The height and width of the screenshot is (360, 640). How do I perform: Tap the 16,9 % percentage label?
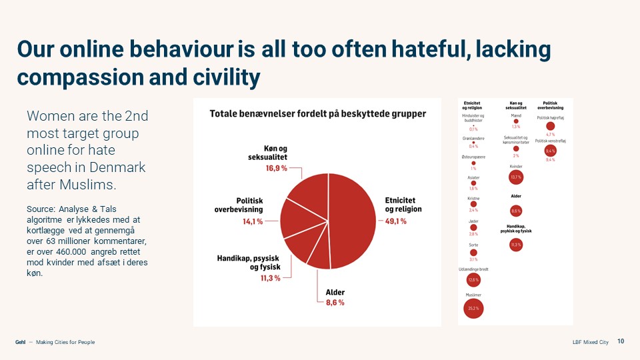[x=274, y=168]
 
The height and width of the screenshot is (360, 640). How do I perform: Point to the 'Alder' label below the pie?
[x=335, y=292]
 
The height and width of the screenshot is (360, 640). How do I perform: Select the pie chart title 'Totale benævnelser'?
[x=318, y=113]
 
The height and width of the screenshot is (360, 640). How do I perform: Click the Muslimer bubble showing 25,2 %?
[x=473, y=309]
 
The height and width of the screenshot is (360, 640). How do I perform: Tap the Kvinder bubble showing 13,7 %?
[x=515, y=177]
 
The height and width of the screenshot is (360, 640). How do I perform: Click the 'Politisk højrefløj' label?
[x=550, y=117]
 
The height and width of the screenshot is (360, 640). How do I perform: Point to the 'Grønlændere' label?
[x=473, y=138]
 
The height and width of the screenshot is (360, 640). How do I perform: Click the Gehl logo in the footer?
[x=21, y=342]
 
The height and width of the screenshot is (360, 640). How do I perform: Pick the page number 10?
[x=621, y=342]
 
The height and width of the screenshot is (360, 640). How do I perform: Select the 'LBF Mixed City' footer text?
[x=590, y=342]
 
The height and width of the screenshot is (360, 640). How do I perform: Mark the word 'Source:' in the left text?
[x=41, y=209]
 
